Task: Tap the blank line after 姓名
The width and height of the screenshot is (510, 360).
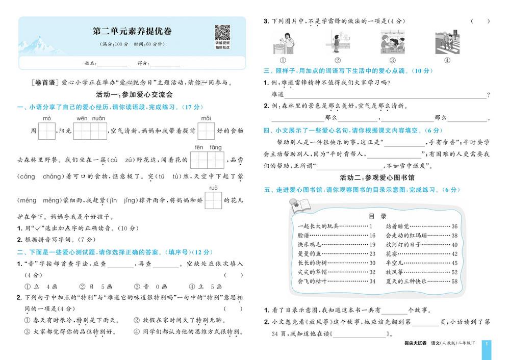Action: coord(112,64)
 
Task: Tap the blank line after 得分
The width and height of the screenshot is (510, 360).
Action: coord(165,64)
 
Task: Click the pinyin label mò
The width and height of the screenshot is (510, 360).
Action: coord(47,118)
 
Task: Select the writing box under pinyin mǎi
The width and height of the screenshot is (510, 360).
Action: coord(206,131)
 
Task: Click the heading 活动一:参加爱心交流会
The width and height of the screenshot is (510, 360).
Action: coord(135,95)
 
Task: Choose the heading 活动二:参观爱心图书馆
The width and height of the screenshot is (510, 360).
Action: coord(377,177)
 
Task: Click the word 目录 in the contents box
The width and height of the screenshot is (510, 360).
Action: coord(377,216)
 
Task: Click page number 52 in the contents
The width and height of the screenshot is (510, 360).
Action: coord(454,272)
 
